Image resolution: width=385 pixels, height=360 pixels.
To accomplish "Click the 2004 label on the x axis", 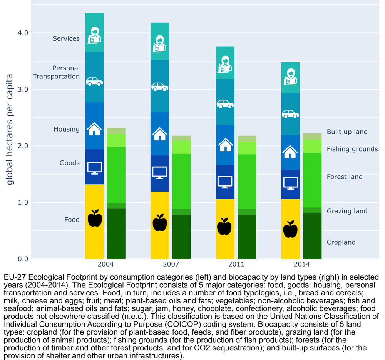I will click(105, 264).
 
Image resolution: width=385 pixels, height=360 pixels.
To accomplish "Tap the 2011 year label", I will click(236, 264).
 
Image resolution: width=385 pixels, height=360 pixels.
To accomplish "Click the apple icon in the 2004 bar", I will click(95, 218).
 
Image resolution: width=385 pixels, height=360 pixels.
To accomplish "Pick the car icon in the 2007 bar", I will click(160, 87).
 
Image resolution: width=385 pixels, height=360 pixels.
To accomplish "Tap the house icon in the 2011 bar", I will click(225, 145).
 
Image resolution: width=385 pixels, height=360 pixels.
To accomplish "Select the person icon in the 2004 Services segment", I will click(94, 35).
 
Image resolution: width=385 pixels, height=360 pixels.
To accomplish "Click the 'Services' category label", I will click(66, 39).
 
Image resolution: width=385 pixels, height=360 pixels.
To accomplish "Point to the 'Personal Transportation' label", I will click(57, 72).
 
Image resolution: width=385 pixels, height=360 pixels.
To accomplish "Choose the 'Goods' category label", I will click(69, 163).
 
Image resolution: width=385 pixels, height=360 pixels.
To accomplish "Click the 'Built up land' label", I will click(347, 132).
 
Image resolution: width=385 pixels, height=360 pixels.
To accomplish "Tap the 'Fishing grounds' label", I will click(352, 149).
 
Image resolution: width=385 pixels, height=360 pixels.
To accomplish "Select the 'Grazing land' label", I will click(347, 211).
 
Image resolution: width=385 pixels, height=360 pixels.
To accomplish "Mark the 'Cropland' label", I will click(341, 242).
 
